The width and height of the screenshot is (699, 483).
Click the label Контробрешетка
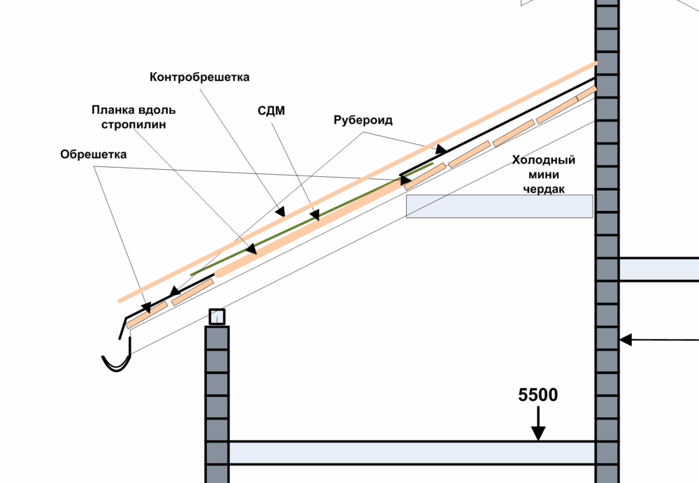pyautogui.click(x=199, y=77)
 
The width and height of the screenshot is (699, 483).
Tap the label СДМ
pyautogui.click(x=271, y=111)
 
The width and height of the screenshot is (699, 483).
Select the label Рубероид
pyautogui.click(x=362, y=120)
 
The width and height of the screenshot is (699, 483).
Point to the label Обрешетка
pyautogui.click(x=93, y=154)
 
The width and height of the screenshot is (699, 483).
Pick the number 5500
pyautogui.click(x=538, y=395)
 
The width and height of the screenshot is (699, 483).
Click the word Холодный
pyautogui.click(x=544, y=159)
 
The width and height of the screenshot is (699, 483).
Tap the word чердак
pyautogui.click(x=545, y=189)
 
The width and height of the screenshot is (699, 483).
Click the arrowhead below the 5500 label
pyautogui.click(x=538, y=434)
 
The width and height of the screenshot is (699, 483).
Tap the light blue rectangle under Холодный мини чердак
pyautogui.click(x=500, y=206)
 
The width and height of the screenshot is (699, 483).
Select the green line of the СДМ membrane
pyautogui.click(x=294, y=228)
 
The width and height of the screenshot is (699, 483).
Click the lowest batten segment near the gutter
pyautogui.click(x=147, y=313)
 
